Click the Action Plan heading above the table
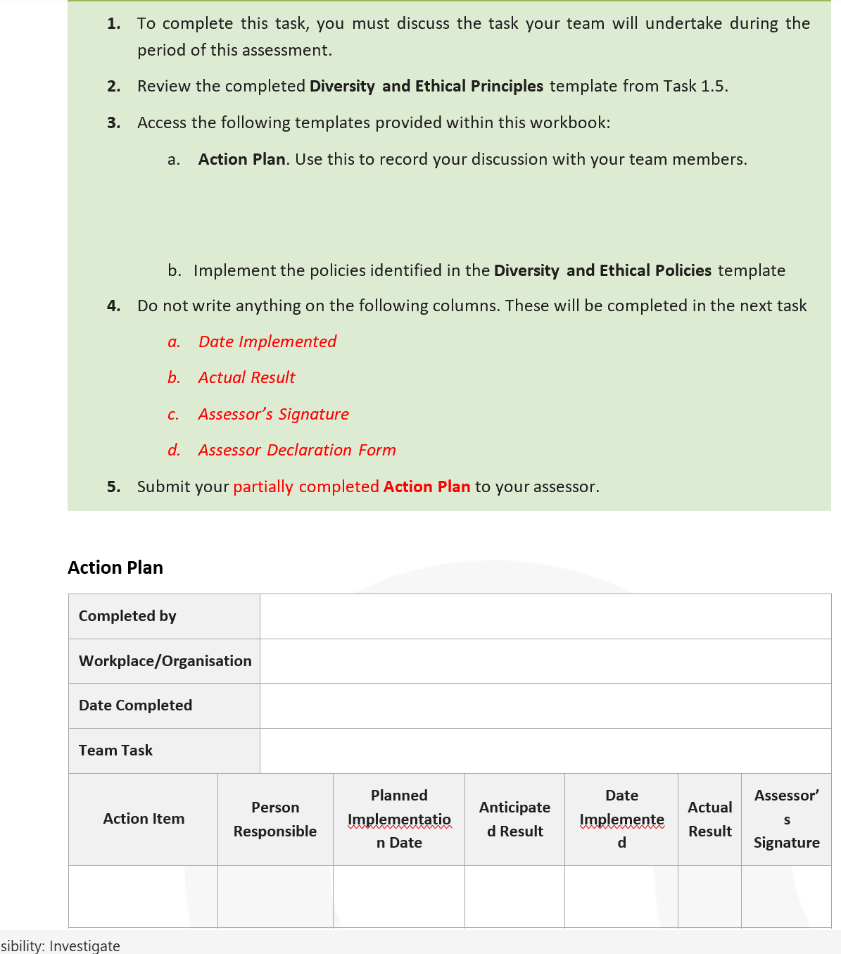tap(115, 567)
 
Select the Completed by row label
tap(127, 616)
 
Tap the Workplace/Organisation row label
tap(165, 661)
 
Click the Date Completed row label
tap(135, 705)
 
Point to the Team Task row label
tap(115, 751)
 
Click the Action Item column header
tap(144, 819)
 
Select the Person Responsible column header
tap(275, 819)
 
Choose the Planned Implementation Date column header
tap(399, 819)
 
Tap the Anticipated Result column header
tap(514, 819)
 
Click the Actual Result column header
tap(709, 819)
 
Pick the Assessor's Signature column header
tap(786, 819)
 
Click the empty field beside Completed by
tap(545, 616)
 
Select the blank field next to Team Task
tap(545, 751)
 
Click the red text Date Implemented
tap(267, 341)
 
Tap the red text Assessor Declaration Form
tap(297, 450)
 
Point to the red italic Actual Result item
tap(246, 377)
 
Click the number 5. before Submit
tap(113, 487)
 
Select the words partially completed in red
tap(306, 487)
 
